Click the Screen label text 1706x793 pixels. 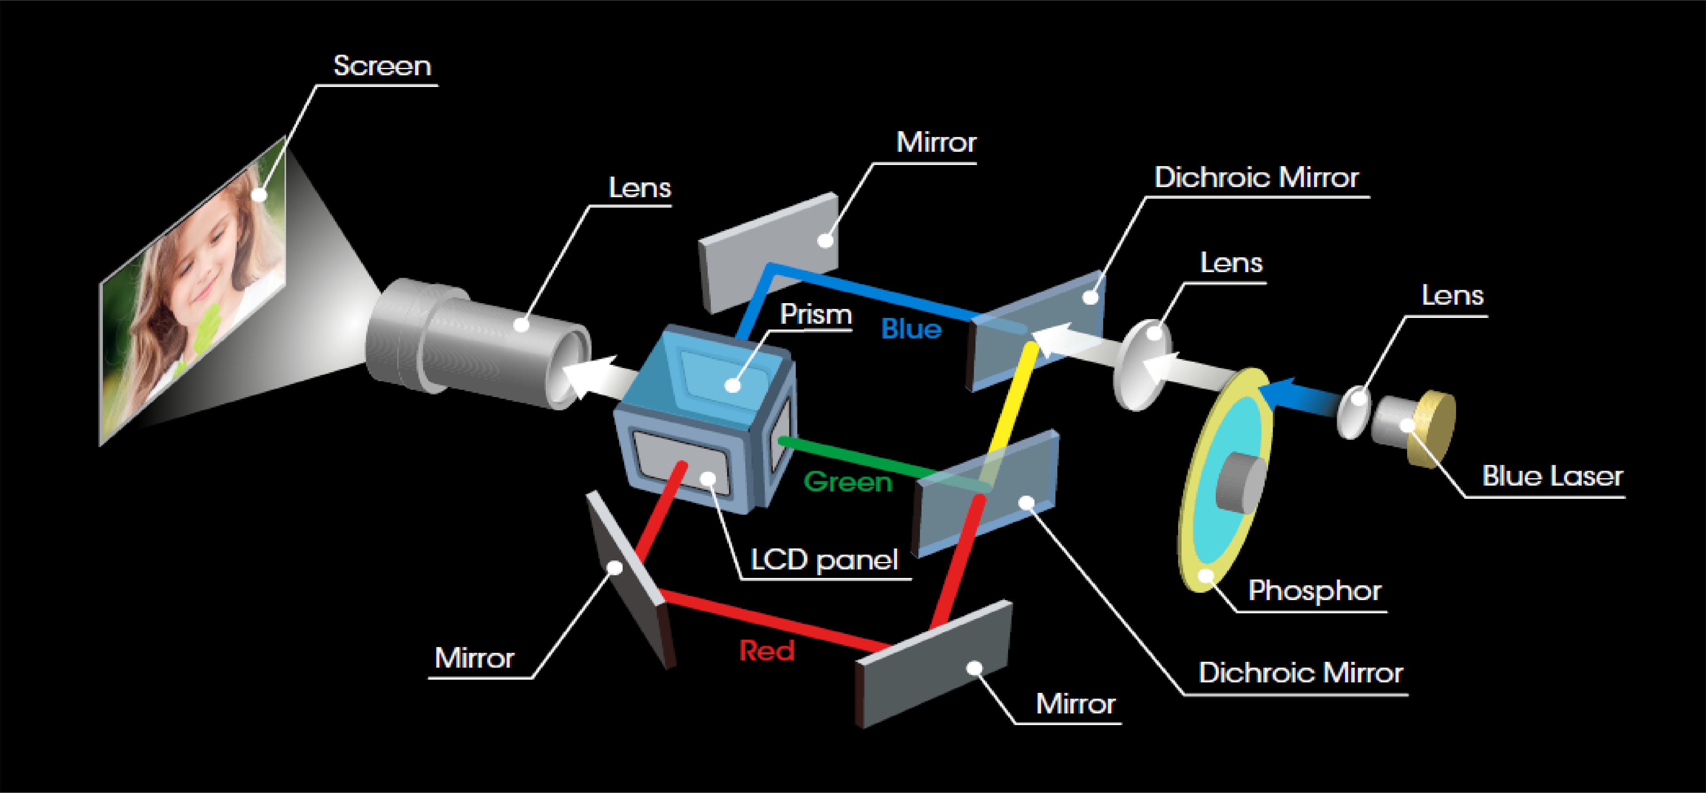point(382,66)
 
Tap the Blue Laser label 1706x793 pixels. point(1552,476)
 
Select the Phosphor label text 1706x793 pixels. point(1315,590)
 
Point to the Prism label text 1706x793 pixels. point(815,314)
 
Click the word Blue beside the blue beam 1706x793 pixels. point(911,329)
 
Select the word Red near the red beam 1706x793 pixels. point(766,651)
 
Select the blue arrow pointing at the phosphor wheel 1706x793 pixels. point(1302,396)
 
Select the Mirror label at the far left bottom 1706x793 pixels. point(474,658)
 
